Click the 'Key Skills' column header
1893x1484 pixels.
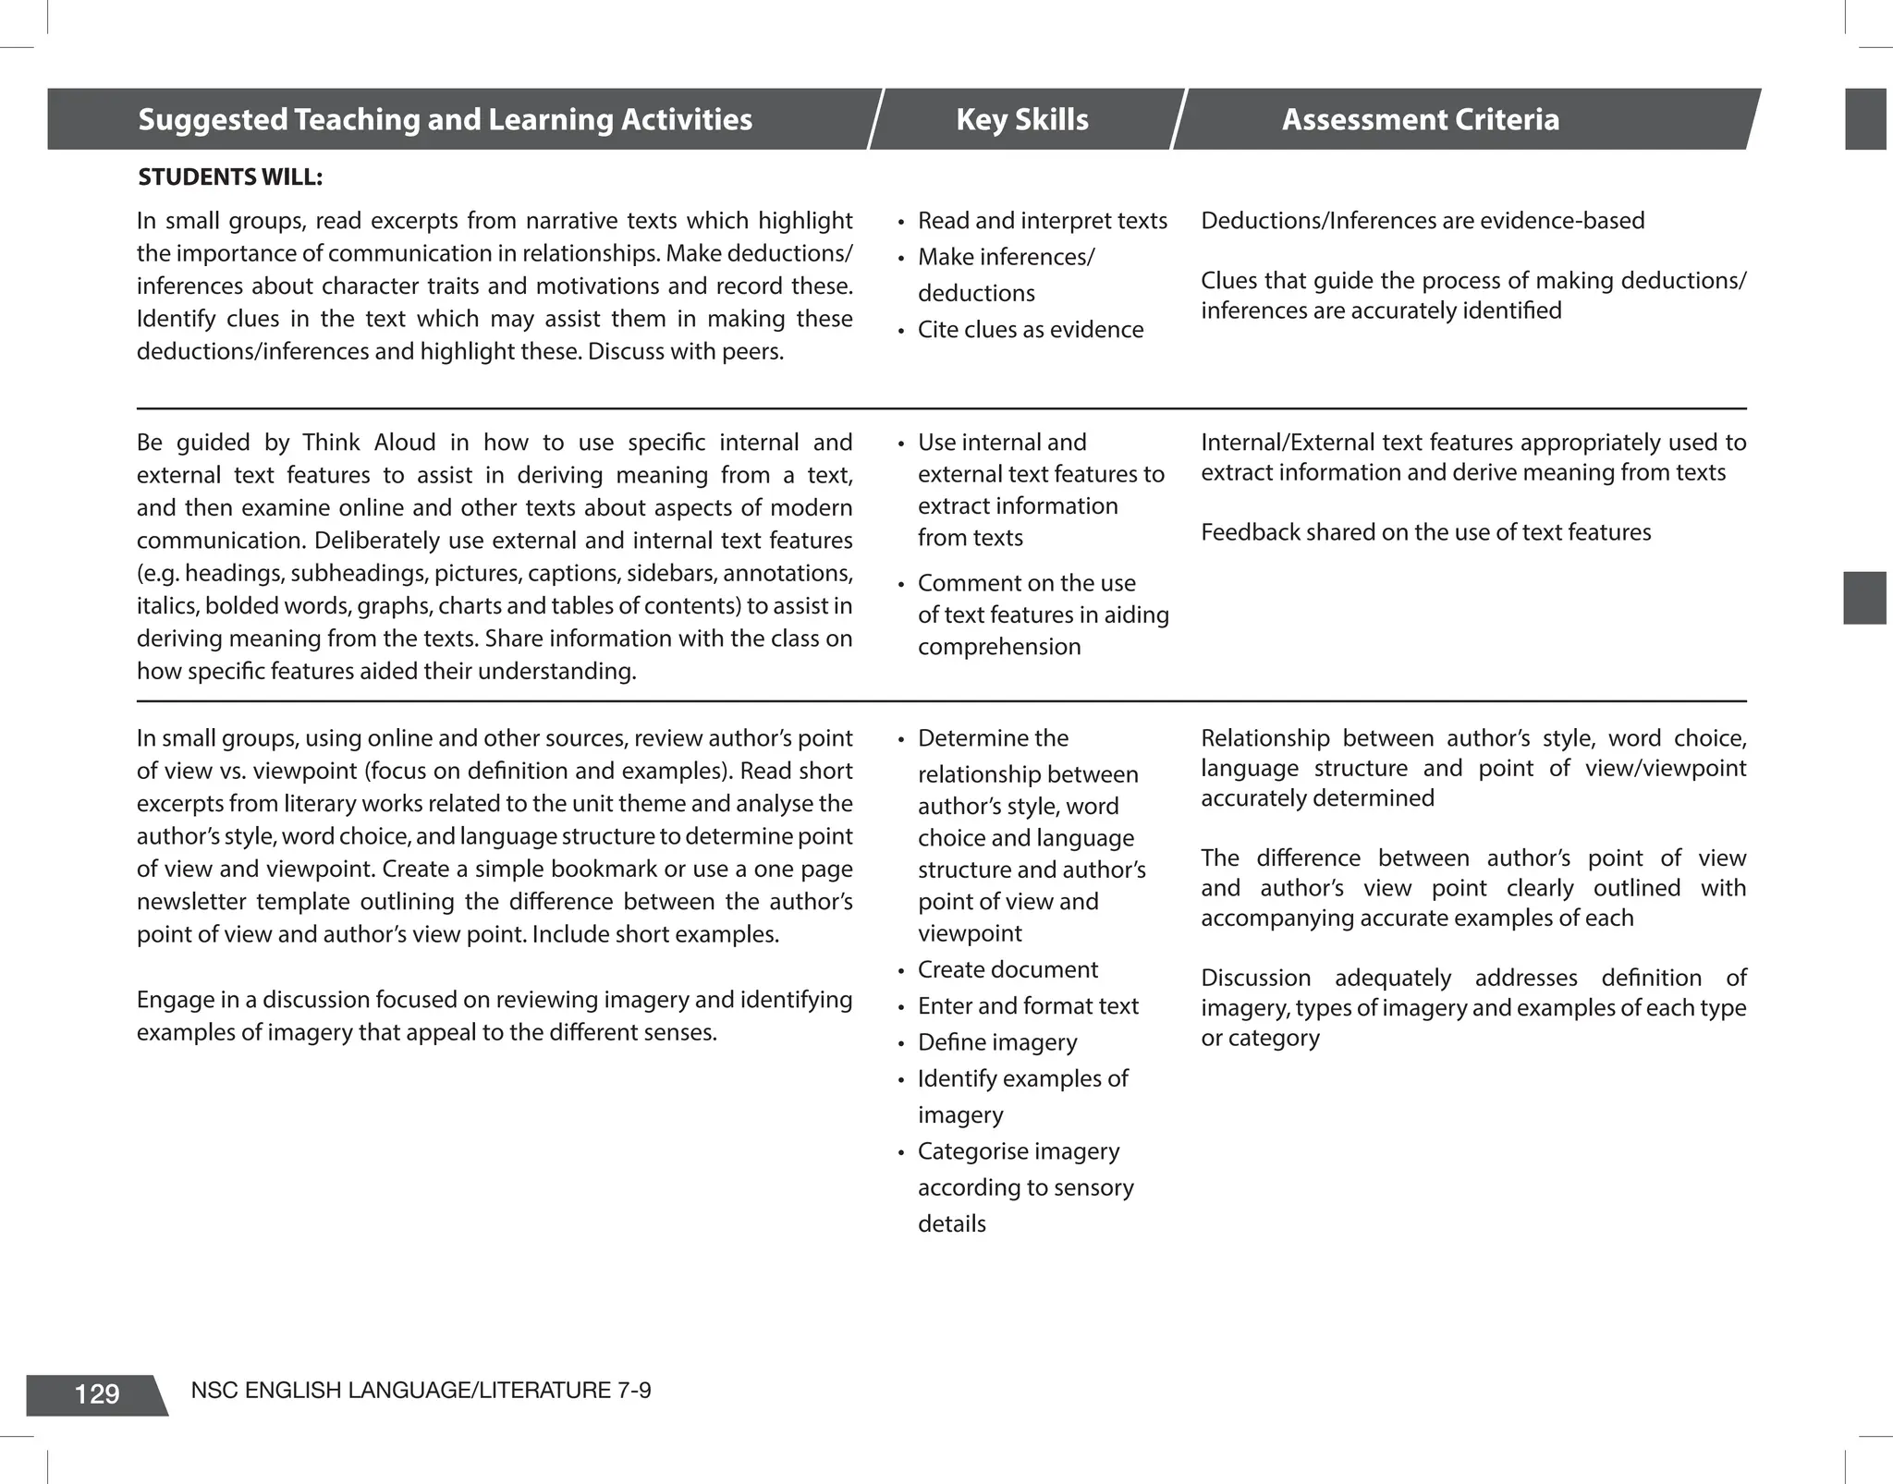1021,119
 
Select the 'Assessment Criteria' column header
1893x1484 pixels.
1420,119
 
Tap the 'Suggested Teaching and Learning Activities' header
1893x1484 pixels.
445,119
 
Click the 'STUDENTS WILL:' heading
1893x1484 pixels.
230,177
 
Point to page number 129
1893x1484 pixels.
96,1394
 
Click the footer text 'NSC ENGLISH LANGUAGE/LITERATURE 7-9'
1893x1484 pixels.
421,1390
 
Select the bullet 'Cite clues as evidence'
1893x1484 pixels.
1030,330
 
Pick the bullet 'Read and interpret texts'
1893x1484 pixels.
1042,221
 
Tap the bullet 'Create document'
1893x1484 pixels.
1007,969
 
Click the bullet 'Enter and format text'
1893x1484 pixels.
1027,1005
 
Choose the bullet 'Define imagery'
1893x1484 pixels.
996,1042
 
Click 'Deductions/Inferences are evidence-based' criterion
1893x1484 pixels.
1423,221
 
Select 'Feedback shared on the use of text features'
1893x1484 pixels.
1425,532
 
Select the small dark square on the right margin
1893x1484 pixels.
1864,598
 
